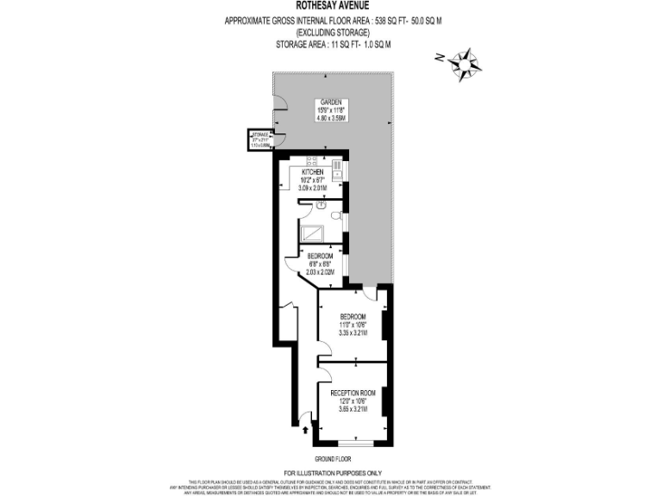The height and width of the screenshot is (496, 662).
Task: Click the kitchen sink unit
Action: click(x=339, y=172)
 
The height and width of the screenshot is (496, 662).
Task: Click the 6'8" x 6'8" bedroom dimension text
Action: click(x=321, y=264)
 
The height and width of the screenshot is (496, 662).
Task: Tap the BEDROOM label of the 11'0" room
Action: click(x=353, y=316)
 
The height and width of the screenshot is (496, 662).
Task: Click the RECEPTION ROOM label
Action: click(x=353, y=393)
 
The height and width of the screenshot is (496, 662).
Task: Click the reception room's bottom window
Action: click(x=353, y=443)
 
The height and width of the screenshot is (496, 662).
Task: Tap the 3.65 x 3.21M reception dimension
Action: click(x=353, y=409)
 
